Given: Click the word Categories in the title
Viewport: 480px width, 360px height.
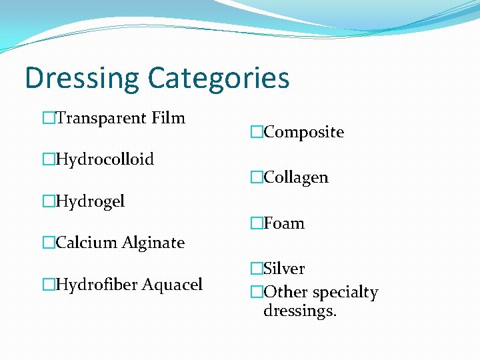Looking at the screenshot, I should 218,78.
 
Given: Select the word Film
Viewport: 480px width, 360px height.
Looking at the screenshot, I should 168,119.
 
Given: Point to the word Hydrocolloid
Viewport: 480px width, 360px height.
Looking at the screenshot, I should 105,160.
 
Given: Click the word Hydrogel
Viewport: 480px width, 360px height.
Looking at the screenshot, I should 90,201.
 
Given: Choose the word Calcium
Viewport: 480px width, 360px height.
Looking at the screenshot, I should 83,243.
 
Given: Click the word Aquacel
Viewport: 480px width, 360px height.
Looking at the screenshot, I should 172,285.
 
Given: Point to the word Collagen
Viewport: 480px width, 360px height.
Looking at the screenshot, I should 296,178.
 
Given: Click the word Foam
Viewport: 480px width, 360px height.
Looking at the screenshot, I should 284,223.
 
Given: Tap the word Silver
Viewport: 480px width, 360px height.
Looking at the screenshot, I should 284,269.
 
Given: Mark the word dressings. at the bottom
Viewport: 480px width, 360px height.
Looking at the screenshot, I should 299,311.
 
